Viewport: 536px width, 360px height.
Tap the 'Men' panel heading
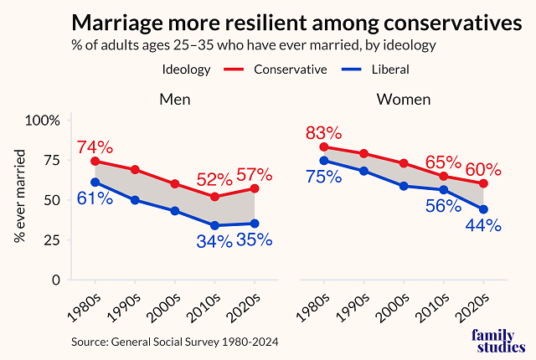click(175, 100)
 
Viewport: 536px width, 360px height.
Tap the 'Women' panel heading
click(404, 100)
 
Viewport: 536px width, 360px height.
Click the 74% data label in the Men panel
click(93, 147)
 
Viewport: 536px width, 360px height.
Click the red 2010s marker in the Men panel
click(214, 197)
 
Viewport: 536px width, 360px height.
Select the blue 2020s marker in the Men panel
click(254, 224)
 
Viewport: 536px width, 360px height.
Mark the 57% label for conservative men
click(254, 175)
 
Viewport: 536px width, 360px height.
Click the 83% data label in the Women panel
click(324, 132)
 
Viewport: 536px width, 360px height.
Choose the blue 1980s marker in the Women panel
click(324, 160)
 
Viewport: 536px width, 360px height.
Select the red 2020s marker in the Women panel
click(483, 183)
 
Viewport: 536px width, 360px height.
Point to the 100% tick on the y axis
click(42, 120)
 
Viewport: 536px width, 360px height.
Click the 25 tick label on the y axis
click(51, 240)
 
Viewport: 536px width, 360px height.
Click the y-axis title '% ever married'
click(19, 196)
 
